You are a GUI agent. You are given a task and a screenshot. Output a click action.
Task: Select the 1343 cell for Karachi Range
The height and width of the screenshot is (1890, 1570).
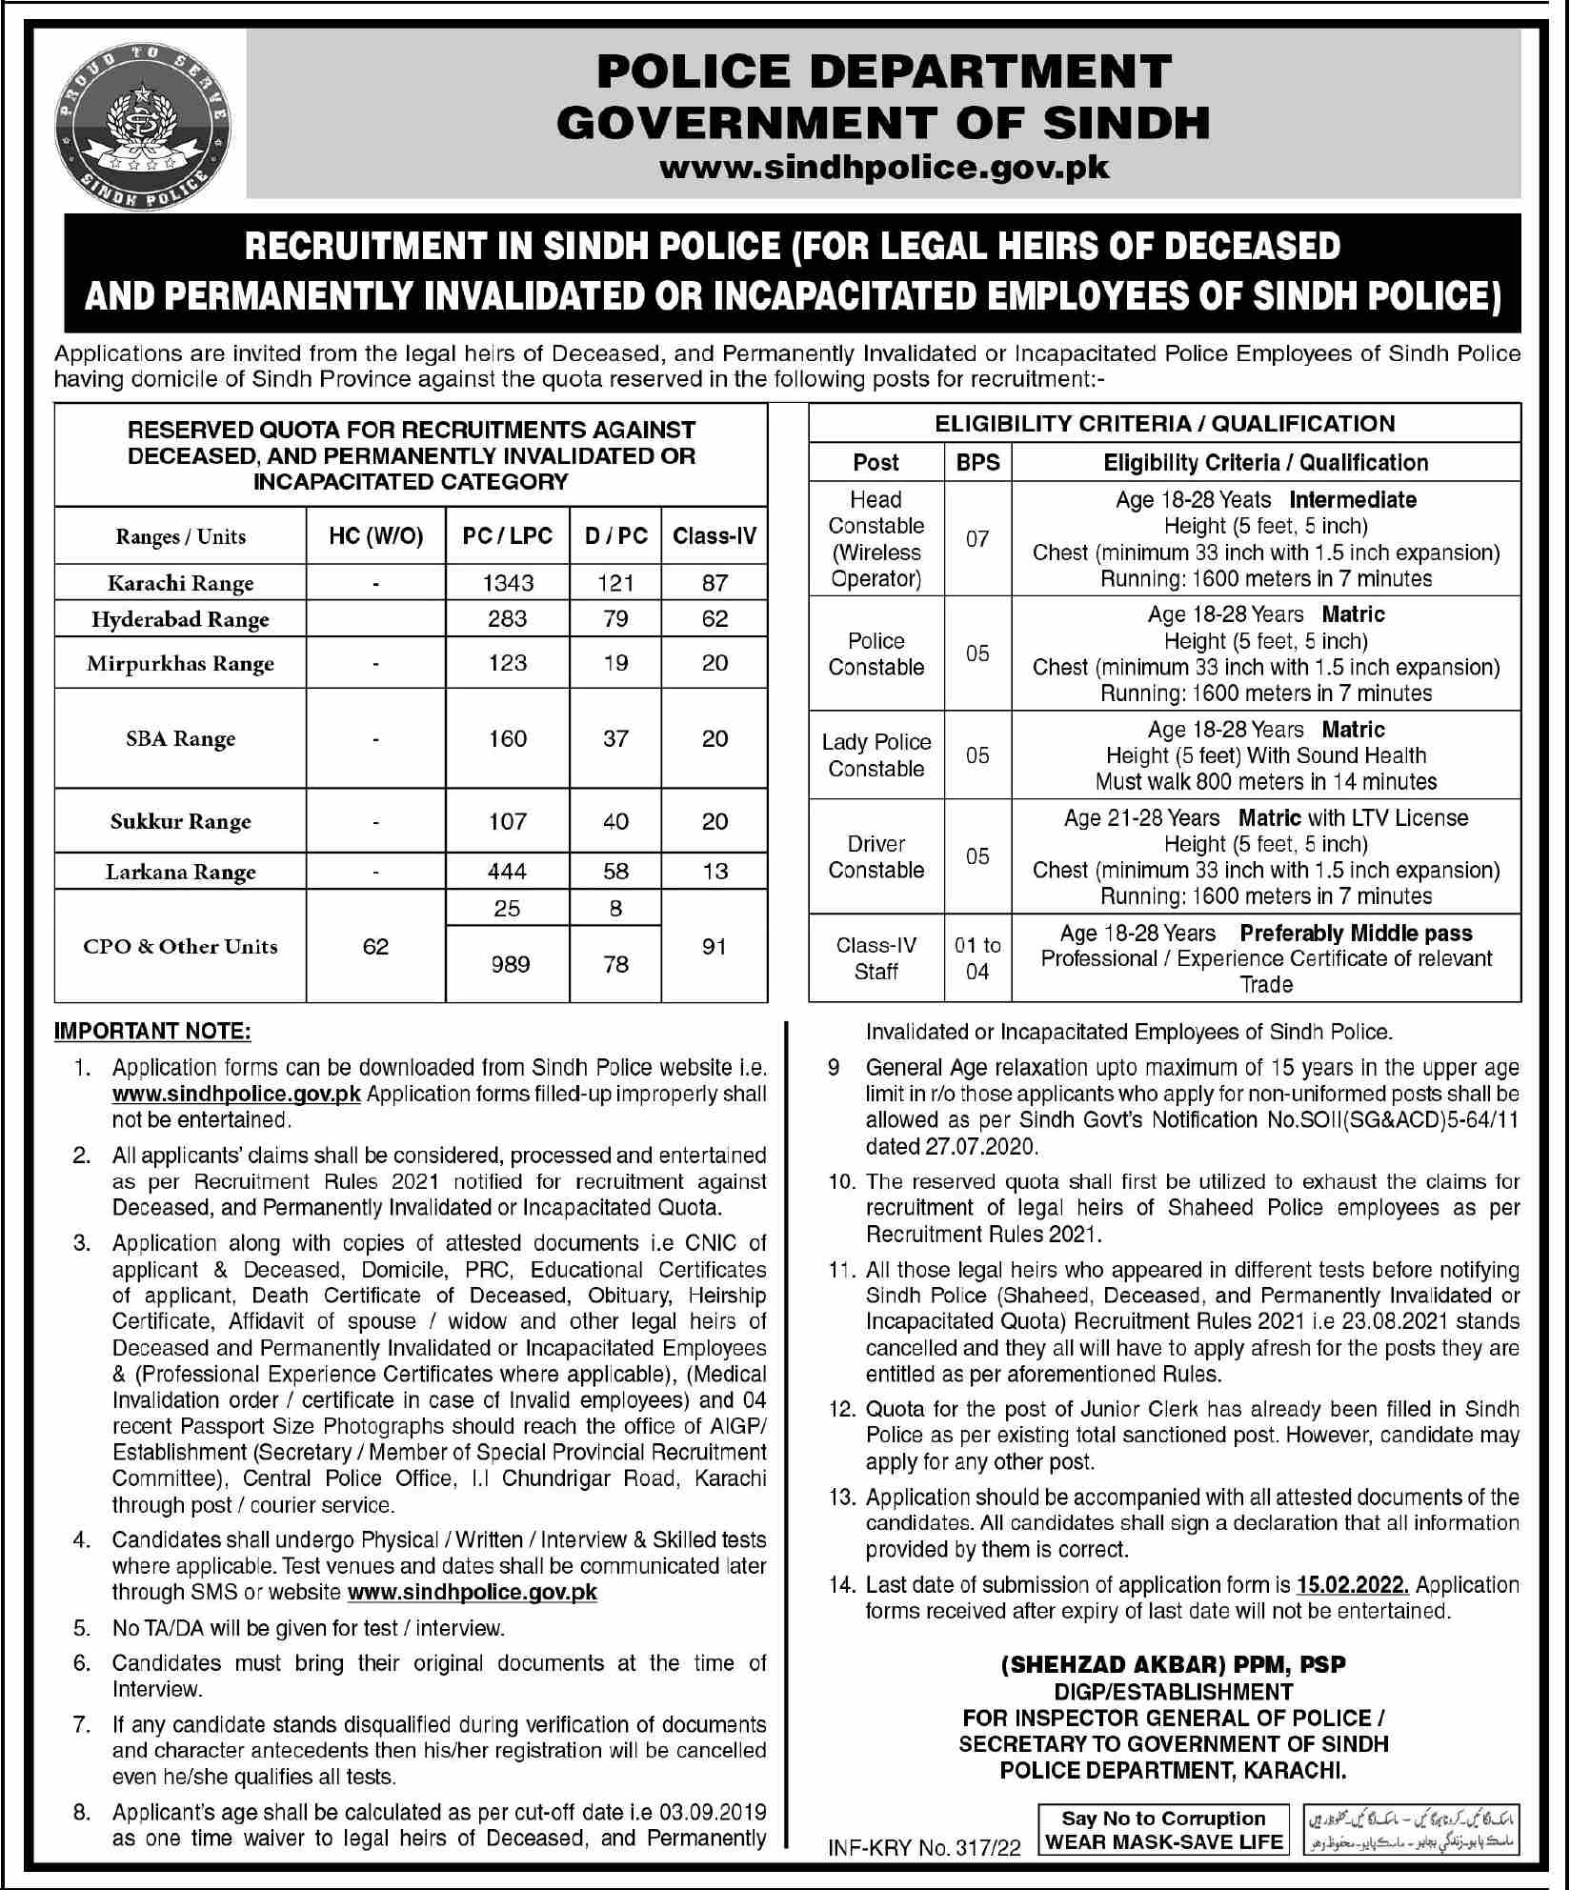click(508, 582)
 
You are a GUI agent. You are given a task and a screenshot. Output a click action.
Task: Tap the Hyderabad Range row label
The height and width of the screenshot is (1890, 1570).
click(180, 619)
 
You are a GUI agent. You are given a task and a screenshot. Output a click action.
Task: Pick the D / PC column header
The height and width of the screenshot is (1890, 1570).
click(616, 535)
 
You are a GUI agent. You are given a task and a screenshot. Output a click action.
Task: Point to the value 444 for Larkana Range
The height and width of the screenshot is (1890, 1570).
click(508, 871)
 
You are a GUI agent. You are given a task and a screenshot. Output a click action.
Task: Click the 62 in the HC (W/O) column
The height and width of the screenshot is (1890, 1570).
click(376, 946)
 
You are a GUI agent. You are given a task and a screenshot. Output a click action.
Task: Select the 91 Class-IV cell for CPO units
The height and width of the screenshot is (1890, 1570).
click(715, 946)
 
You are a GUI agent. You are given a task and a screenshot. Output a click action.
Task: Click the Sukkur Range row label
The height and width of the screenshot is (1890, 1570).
click(180, 821)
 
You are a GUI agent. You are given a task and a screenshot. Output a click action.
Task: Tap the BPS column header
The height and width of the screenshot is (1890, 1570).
click(978, 462)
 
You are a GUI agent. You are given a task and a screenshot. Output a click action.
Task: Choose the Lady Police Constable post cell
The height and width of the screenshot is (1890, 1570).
click(876, 755)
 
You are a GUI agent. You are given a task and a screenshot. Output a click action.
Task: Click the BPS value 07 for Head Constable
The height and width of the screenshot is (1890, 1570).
click(978, 539)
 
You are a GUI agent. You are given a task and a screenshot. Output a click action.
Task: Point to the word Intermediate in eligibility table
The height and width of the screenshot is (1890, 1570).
click(1353, 500)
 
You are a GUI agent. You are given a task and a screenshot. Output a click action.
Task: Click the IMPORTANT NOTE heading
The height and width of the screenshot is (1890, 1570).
click(153, 1032)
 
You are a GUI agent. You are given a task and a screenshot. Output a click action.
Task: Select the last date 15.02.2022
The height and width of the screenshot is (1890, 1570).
click(1352, 1585)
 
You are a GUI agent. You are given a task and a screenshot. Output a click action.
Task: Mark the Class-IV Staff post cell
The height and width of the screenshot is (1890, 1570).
click(876, 958)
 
